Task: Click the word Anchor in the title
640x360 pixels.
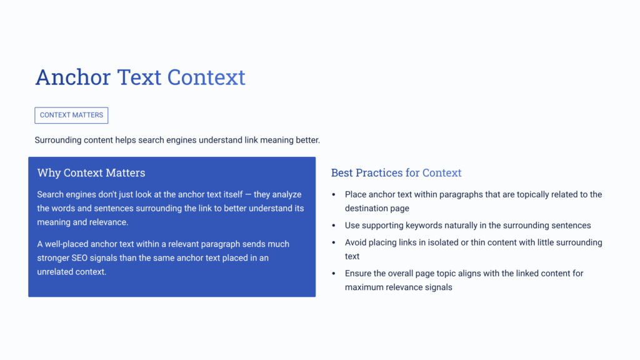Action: click(72, 77)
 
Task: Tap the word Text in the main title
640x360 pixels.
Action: click(139, 77)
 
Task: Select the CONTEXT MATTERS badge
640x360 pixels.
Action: click(71, 115)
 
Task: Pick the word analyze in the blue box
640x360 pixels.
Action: click(286, 194)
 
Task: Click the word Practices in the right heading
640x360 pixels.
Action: click(379, 173)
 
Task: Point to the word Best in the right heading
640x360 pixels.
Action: click(342, 173)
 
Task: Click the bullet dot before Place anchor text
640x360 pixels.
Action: click(334, 195)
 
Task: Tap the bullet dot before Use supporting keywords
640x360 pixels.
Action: click(334, 226)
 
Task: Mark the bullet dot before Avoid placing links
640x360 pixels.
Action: click(334, 242)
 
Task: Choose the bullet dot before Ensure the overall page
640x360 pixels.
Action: click(334, 274)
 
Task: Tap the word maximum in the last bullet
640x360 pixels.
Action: click(366, 287)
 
